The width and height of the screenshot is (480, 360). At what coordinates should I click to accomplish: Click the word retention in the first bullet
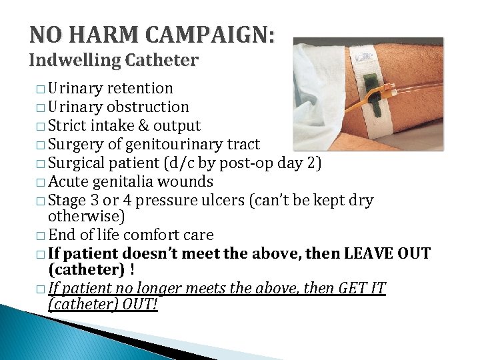[x=141, y=89]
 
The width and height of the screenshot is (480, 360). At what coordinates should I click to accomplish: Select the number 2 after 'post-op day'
[x=316, y=163]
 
